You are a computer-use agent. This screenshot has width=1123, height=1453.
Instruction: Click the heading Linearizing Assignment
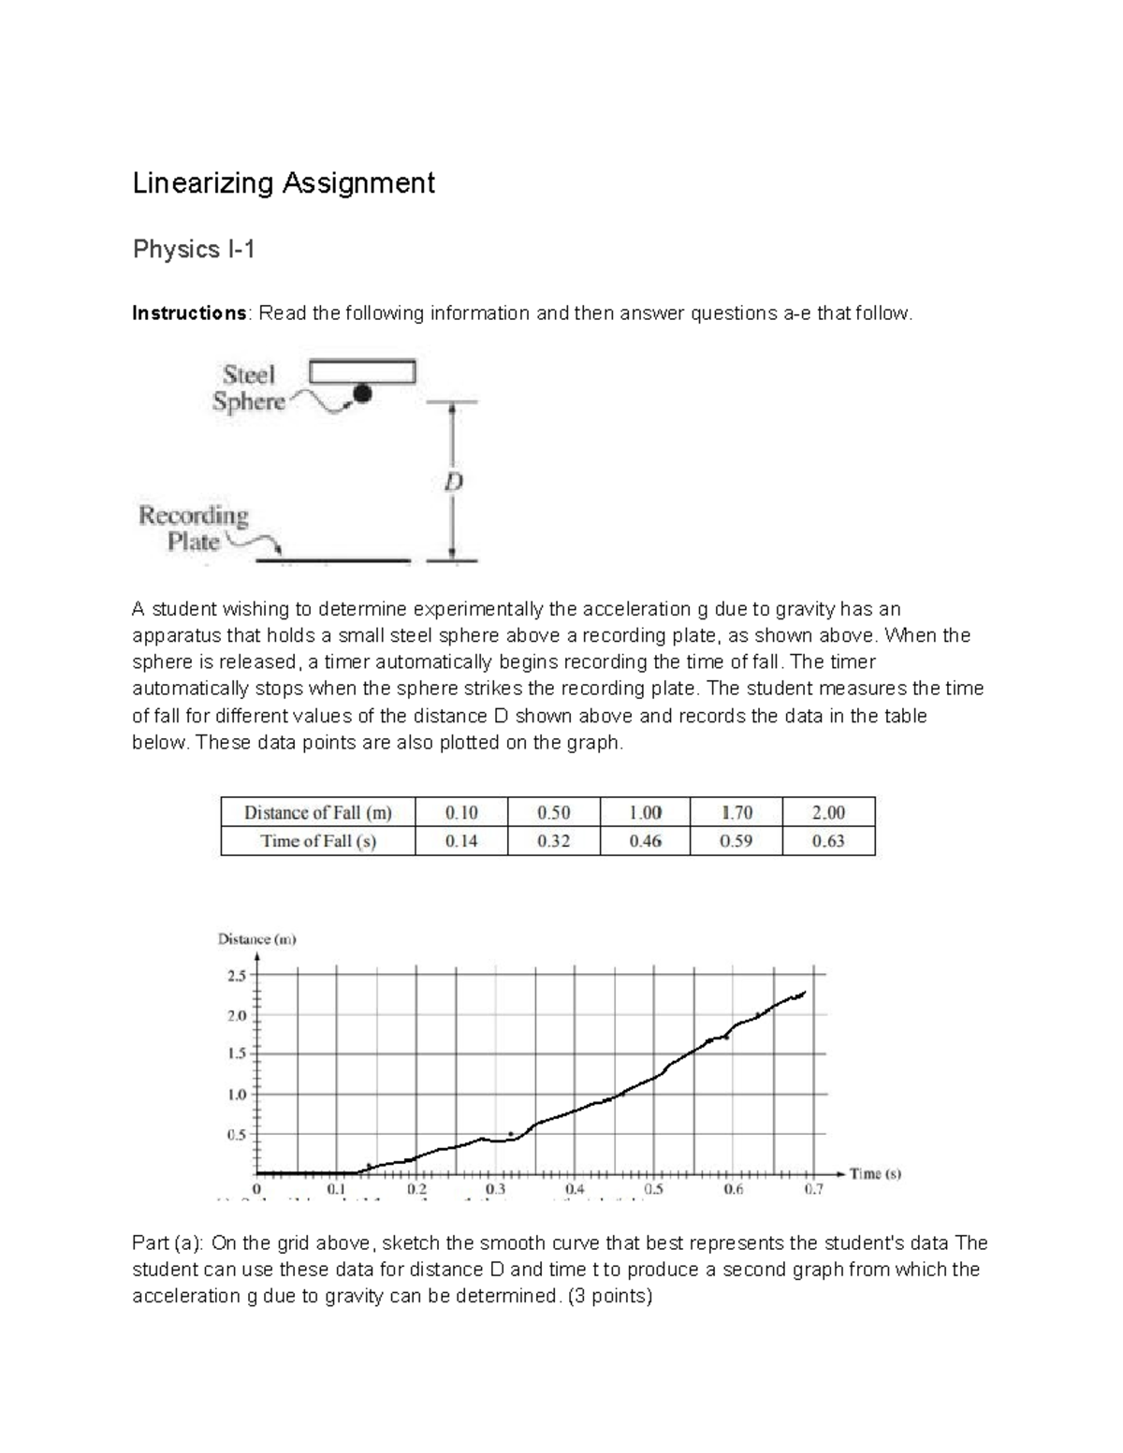(x=284, y=182)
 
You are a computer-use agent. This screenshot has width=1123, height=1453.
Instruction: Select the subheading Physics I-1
(x=194, y=250)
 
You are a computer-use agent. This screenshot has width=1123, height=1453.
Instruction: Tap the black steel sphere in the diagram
(x=362, y=394)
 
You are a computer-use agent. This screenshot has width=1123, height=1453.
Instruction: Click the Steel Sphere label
(x=248, y=388)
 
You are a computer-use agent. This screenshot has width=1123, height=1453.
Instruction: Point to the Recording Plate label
(x=194, y=529)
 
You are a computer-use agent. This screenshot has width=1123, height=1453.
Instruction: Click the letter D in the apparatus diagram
(x=453, y=484)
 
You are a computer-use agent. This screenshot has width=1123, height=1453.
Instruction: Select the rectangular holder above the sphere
(x=362, y=371)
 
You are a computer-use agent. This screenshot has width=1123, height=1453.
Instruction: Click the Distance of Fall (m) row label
(x=317, y=812)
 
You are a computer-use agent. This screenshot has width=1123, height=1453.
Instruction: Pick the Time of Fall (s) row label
(x=317, y=841)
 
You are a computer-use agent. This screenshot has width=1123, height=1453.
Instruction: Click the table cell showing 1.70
(x=737, y=812)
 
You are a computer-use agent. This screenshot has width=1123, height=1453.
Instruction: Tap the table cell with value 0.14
(x=461, y=841)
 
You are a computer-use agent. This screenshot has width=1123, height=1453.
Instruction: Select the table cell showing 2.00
(x=828, y=812)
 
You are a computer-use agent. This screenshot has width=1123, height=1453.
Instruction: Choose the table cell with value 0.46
(x=645, y=841)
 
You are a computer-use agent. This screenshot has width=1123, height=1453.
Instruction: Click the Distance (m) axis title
(x=257, y=939)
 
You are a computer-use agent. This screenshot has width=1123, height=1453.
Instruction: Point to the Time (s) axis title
(x=875, y=1174)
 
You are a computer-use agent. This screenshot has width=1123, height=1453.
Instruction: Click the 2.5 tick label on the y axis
(x=236, y=976)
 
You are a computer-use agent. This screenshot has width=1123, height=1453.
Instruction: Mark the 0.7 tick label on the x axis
(x=813, y=1190)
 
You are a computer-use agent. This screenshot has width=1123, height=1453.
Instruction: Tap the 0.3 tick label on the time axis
(x=496, y=1190)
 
